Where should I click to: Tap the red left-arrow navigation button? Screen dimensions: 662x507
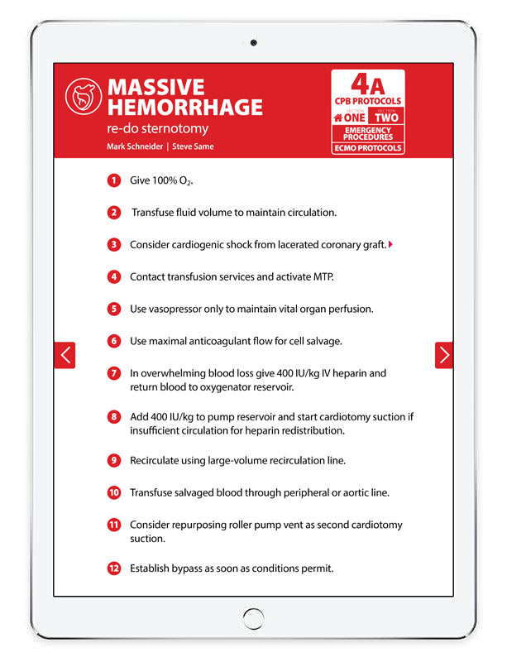click(65, 355)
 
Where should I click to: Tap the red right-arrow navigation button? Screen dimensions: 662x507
click(444, 355)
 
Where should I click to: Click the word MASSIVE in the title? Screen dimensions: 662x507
click(155, 88)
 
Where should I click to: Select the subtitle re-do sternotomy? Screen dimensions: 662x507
click(157, 128)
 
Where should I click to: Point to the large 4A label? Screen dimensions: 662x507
click(367, 84)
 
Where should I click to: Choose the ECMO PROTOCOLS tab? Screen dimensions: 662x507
click(367, 148)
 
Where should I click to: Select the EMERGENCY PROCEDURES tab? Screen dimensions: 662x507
click(367, 134)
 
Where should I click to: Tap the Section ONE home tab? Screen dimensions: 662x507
click(349, 117)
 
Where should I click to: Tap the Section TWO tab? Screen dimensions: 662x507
click(385, 117)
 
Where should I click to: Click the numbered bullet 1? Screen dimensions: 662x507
click(113, 180)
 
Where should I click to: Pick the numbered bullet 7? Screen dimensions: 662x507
click(113, 373)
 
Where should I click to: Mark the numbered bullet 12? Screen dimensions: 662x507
click(113, 568)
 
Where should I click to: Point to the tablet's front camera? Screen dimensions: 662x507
click(253, 43)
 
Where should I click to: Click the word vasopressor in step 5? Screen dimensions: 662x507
click(177, 309)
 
